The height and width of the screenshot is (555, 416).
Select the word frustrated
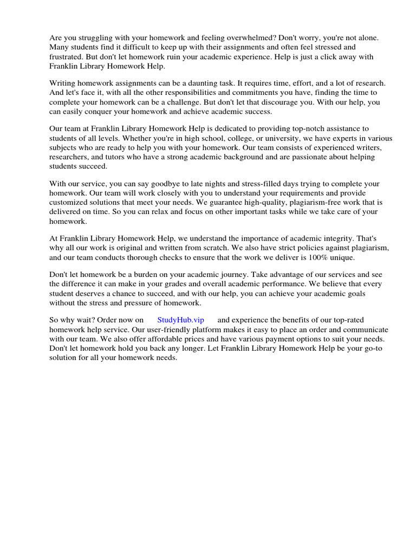click(67, 56)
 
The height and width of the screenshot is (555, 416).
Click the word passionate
click(301, 157)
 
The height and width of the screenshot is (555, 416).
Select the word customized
click(70, 203)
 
